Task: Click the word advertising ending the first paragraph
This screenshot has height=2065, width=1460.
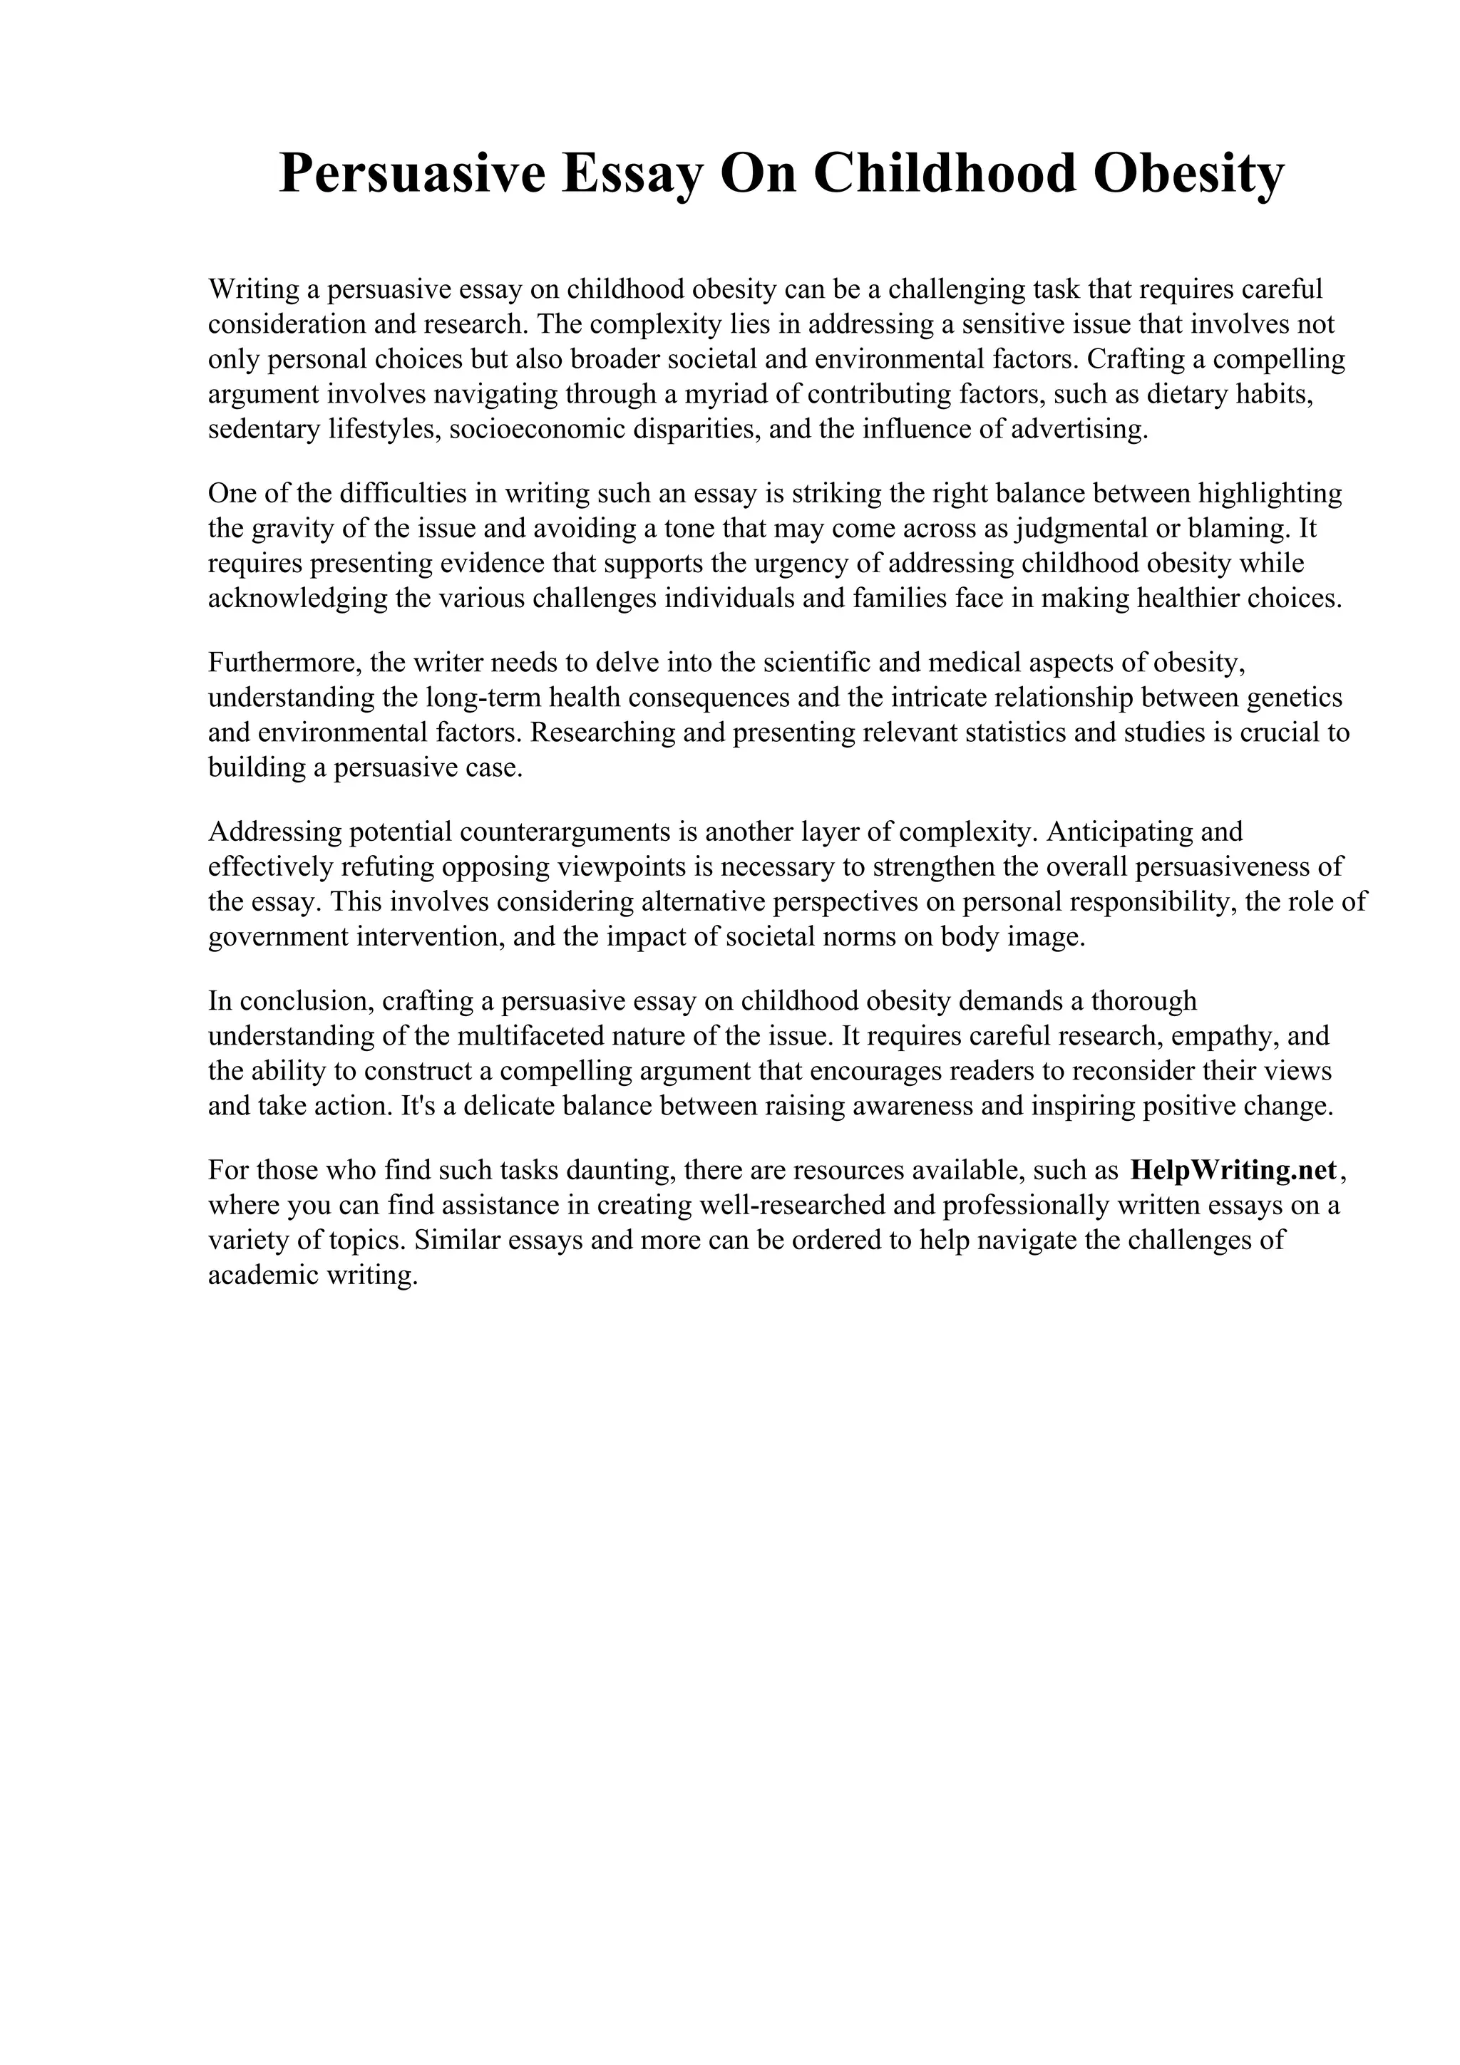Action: (1079, 430)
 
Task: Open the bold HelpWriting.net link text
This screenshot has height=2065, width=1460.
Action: (1233, 1171)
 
